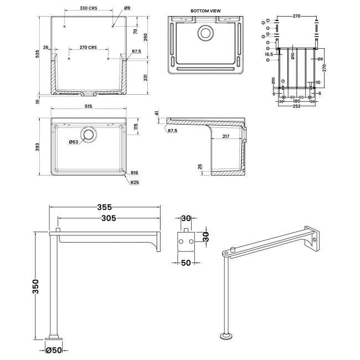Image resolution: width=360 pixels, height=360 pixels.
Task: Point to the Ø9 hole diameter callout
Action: (127, 8)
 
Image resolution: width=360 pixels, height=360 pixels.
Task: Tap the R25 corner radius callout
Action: (135, 183)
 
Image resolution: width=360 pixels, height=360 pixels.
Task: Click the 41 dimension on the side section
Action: (157, 114)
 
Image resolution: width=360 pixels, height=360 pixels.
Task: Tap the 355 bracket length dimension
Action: (105, 207)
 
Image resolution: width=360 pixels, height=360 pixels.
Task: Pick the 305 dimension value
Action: (109, 218)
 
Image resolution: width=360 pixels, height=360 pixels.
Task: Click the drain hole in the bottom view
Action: (206, 32)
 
